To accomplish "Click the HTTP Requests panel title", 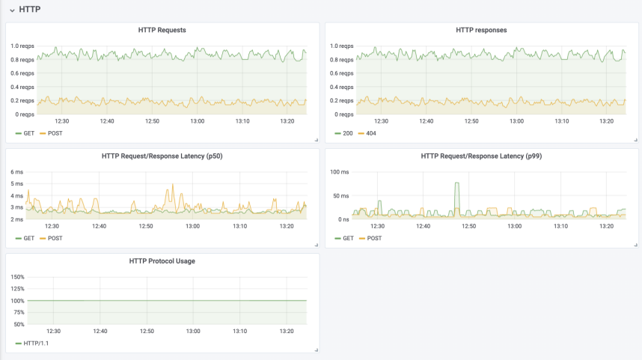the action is [x=162, y=30].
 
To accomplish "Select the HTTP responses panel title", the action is [x=481, y=30].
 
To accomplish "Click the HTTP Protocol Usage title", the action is [x=162, y=261].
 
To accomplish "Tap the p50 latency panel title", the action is [x=162, y=156].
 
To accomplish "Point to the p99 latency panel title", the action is [x=481, y=156].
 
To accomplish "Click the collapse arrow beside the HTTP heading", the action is [x=12, y=10].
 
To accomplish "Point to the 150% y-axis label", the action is [x=18, y=277].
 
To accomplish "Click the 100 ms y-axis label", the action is [x=340, y=171].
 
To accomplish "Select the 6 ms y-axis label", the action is [x=16, y=171].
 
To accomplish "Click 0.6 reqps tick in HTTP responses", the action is [x=341, y=73].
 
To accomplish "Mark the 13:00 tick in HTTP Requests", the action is [x=197, y=121].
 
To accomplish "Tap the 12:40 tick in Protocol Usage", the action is [x=100, y=331].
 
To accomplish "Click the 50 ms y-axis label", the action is [x=340, y=196].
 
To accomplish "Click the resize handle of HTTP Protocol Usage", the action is [x=317, y=350].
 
